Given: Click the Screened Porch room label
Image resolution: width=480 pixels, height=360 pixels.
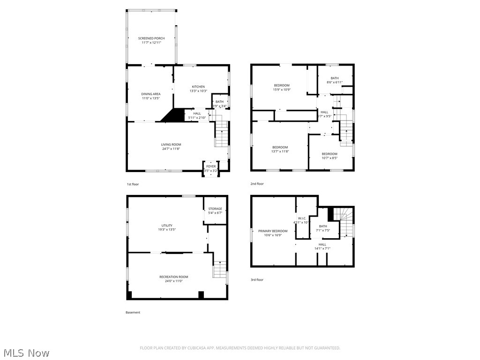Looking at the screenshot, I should [x=151, y=38].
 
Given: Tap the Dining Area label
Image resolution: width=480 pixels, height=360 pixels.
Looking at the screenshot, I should [x=151, y=94].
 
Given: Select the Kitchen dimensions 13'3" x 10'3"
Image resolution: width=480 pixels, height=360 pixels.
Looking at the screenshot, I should [x=198, y=91].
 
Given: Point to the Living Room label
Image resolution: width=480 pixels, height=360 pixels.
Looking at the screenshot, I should [x=171, y=144].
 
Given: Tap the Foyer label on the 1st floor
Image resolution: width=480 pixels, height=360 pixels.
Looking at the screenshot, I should [x=211, y=166].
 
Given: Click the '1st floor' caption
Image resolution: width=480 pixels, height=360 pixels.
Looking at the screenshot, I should [x=133, y=184].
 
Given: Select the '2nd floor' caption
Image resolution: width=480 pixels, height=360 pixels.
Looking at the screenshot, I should [x=257, y=184].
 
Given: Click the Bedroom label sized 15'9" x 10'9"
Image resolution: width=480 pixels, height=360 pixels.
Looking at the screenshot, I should [x=282, y=85].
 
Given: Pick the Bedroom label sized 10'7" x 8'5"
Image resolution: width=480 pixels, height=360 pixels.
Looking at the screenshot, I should [x=329, y=154].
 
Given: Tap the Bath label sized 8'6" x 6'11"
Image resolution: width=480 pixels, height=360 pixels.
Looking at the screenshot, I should [x=334, y=78].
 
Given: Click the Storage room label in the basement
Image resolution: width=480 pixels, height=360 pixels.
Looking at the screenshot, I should [x=215, y=209].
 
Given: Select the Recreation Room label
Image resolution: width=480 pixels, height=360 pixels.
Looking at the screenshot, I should [x=173, y=277].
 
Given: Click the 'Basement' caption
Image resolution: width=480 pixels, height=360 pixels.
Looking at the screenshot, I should [x=133, y=312].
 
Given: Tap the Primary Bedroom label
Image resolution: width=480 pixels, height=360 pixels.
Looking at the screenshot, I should [x=273, y=231].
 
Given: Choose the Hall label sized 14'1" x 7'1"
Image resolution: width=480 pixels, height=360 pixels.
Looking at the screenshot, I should [x=322, y=244].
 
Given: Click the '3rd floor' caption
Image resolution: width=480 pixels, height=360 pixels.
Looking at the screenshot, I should [x=257, y=280].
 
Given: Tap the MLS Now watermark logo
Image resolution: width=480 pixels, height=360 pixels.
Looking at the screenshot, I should [x=26, y=352].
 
